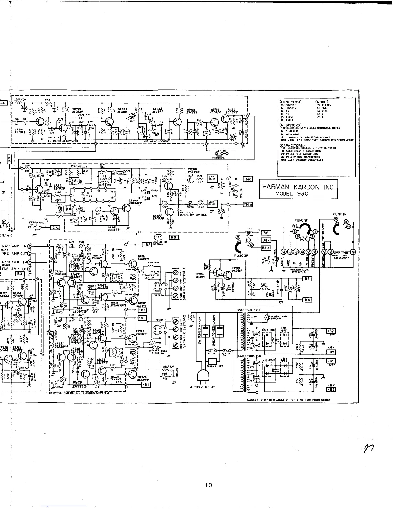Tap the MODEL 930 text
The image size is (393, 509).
point(292,194)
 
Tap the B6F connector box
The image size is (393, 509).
point(266,248)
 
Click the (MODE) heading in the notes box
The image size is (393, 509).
point(323,101)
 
